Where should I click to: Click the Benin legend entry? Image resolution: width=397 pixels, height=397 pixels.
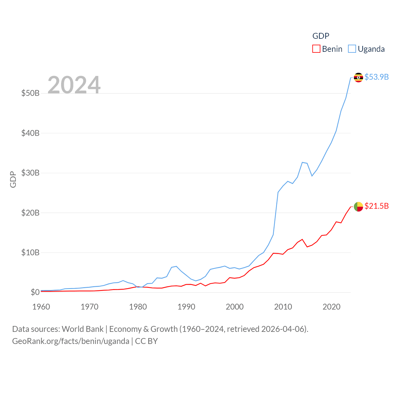click(x=328, y=49)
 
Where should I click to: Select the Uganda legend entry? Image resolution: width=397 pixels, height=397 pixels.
click(x=366, y=49)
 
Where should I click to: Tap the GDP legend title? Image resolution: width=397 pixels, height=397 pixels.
click(x=321, y=36)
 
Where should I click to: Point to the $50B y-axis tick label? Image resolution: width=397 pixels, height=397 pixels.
click(x=30, y=93)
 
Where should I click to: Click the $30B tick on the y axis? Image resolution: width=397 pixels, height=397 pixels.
click(x=30, y=173)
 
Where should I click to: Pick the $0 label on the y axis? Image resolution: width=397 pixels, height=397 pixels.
click(x=35, y=292)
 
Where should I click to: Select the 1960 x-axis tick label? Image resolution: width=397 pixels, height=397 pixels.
click(x=41, y=307)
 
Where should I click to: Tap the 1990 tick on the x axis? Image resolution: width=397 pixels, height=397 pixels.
click(x=186, y=307)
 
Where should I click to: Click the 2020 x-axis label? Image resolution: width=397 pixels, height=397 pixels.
click(x=332, y=307)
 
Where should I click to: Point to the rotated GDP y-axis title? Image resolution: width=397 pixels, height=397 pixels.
click(x=13, y=179)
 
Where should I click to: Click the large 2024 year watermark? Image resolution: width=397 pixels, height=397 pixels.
click(x=74, y=85)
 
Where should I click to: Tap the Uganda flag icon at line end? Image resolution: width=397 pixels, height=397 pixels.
click(x=359, y=77)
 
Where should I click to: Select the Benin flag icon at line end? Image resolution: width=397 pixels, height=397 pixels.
click(x=359, y=206)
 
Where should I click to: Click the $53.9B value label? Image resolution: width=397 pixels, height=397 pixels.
click(x=377, y=77)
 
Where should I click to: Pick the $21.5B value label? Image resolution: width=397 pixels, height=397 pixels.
click(x=377, y=206)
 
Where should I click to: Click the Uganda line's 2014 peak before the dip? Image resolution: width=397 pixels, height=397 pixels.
click(x=302, y=162)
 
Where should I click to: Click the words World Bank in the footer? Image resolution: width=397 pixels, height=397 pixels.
click(x=83, y=329)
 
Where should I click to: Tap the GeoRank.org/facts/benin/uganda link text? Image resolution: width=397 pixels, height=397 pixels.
click(x=71, y=341)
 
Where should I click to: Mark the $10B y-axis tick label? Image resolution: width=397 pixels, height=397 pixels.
click(x=30, y=252)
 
